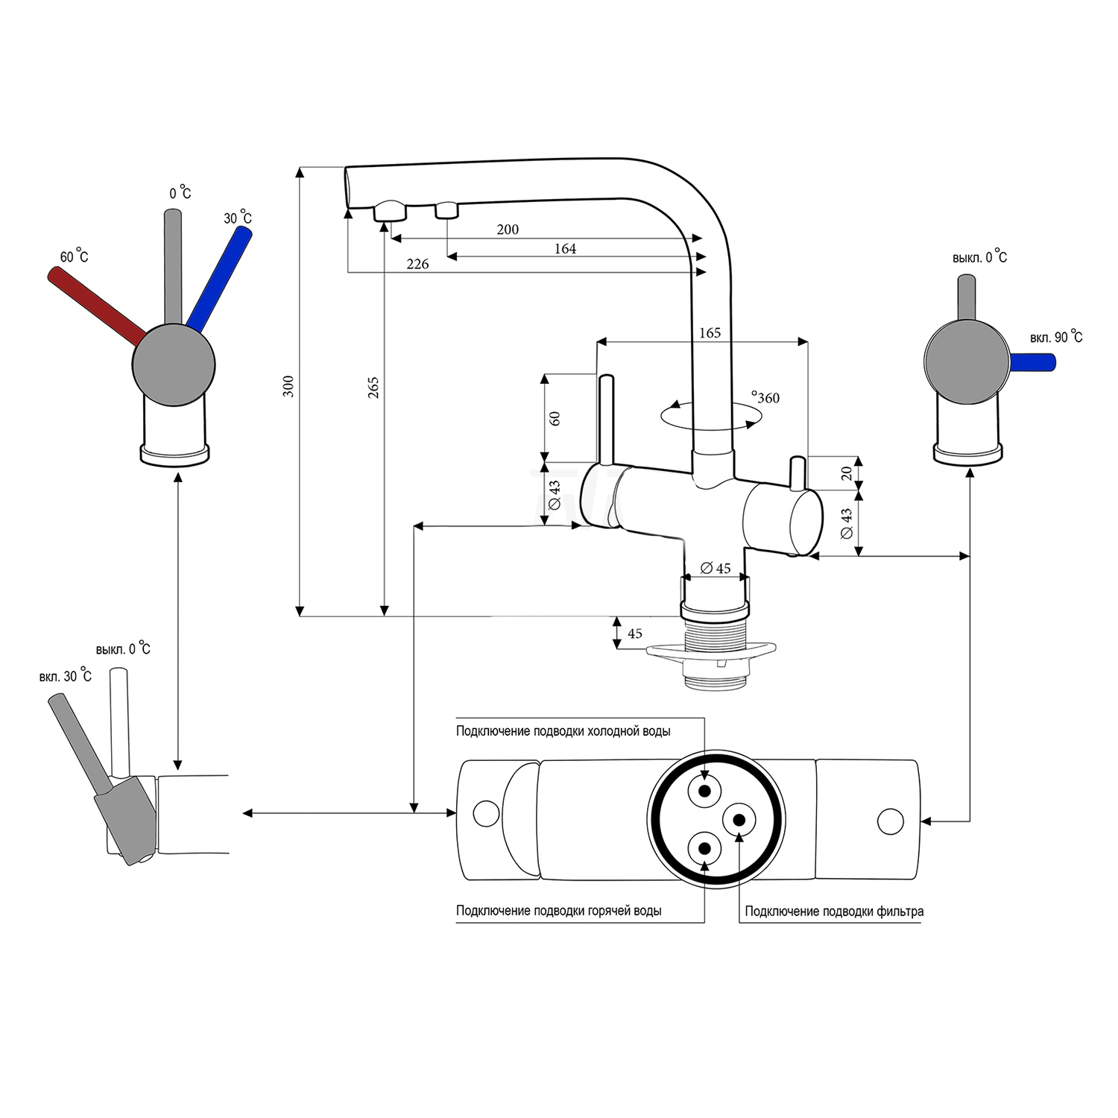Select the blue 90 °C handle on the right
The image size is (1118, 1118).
pyautogui.click(x=1034, y=363)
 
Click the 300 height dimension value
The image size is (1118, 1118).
pyautogui.click(x=288, y=386)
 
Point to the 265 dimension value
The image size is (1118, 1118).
pyautogui.click(x=373, y=387)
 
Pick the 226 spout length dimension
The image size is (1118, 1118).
pyautogui.click(x=417, y=264)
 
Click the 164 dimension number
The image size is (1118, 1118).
pyautogui.click(x=565, y=249)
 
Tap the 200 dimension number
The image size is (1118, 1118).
pyautogui.click(x=508, y=230)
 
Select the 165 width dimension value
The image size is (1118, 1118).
pyautogui.click(x=710, y=333)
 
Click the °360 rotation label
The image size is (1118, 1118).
pyautogui.click(x=765, y=398)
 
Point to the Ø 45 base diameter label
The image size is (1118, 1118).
pyautogui.click(x=716, y=569)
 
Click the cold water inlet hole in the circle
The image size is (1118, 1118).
pyautogui.click(x=705, y=791)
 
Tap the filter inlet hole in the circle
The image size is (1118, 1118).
pyautogui.click(x=739, y=819)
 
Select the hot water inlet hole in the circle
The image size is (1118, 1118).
pyautogui.click(x=705, y=847)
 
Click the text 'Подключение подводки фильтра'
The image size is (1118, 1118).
pyautogui.click(x=834, y=911)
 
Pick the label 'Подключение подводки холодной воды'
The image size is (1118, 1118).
pyautogui.click(x=563, y=731)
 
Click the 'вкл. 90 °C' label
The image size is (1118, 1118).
pyautogui.click(x=1056, y=338)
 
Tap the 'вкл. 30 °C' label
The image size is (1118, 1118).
pyautogui.click(x=66, y=676)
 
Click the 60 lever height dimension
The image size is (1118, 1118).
pyautogui.click(x=555, y=418)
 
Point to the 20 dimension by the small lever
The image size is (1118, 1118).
pyautogui.click(x=846, y=473)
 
